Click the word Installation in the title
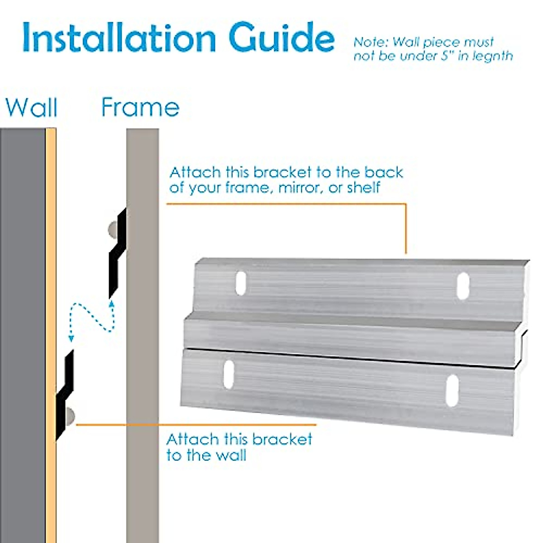pyautogui.click(x=119, y=38)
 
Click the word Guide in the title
pyautogui.click(x=281, y=38)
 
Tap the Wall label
pyautogui.click(x=31, y=108)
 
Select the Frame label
pyautogui.click(x=140, y=108)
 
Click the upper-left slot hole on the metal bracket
pyautogui.click(x=241, y=284)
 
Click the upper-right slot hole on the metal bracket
pyautogui.click(x=462, y=286)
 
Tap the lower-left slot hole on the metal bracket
pyautogui.click(x=229, y=374)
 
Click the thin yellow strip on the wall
pyautogui.click(x=51, y=271)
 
